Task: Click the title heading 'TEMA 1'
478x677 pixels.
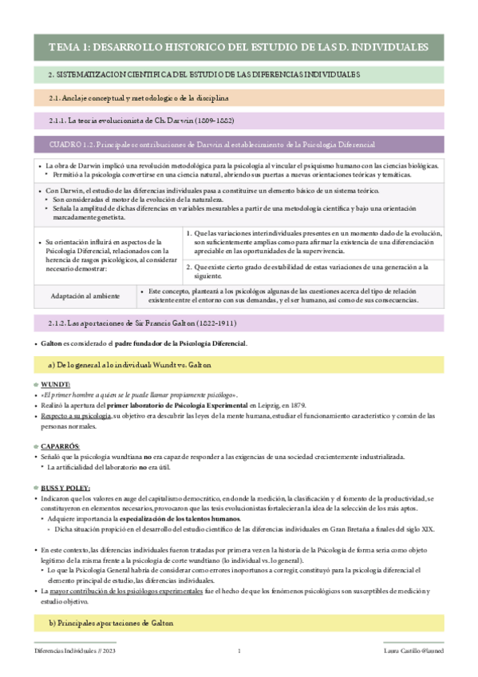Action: tap(239, 48)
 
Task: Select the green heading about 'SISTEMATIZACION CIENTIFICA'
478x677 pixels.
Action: tap(205, 74)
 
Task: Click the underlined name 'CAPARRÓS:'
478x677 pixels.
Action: tap(60, 445)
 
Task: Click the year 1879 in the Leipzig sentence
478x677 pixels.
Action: tap(296, 406)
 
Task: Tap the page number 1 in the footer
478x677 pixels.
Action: tap(239, 651)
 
